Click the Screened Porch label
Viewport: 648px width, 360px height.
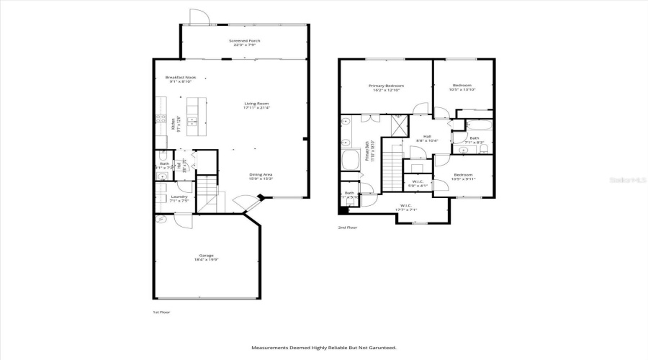coord(245,41)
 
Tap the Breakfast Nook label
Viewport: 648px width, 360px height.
coord(180,78)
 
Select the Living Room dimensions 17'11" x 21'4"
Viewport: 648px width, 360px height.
coord(256,109)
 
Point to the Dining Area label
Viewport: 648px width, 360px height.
coord(261,174)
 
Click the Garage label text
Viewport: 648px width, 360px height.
coord(206,256)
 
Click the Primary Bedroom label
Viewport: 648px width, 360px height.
coord(386,86)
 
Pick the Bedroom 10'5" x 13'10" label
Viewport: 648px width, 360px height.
coord(462,86)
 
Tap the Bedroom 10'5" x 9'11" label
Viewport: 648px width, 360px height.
coord(462,175)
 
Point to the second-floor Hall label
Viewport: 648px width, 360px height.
coord(427,136)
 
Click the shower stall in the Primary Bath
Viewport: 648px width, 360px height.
coord(396,127)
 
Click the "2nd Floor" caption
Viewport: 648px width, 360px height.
coord(347,228)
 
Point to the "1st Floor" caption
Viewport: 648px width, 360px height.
coord(161,312)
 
